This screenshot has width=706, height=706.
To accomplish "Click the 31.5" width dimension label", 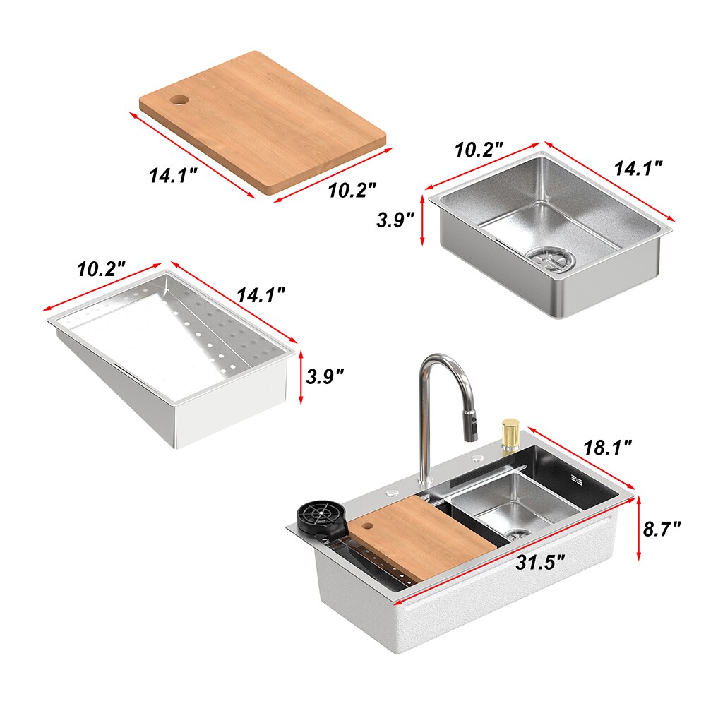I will click(542, 563).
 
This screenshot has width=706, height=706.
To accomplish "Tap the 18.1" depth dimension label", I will click(608, 446).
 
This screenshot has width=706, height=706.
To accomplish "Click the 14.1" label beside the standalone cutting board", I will click(172, 174).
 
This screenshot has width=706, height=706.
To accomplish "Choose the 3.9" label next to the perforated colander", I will click(325, 376).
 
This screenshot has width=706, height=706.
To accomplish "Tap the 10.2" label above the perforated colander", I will click(101, 269).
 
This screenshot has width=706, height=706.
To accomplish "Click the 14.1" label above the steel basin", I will click(638, 168).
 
